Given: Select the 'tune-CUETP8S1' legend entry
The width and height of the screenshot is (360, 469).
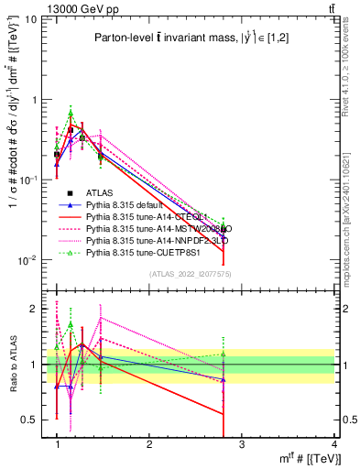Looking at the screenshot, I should click(152, 252).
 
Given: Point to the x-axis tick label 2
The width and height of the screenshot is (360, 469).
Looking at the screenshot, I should click(149, 444).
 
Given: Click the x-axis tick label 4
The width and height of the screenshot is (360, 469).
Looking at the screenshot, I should click(334, 444).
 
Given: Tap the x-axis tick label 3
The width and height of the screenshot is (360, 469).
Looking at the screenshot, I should click(242, 444).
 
